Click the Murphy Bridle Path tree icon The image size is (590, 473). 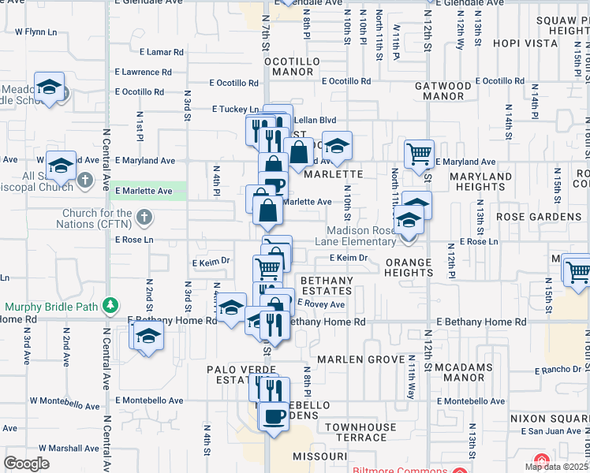[111, 305]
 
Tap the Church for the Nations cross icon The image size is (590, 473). [143, 216]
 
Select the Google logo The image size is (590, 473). [26, 463]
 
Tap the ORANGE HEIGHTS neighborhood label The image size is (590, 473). [409, 267]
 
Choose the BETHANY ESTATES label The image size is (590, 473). [325, 286]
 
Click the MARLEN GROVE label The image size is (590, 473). [355, 359]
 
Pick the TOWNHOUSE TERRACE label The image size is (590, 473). [360, 432]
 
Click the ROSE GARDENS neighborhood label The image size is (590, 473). [538, 216]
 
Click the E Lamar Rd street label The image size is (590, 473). [162, 52]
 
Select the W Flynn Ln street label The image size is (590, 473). [37, 32]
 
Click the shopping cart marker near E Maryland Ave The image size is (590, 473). [419, 152]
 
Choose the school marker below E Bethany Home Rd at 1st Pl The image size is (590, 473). [146, 337]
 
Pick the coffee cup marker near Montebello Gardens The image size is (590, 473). [275, 415]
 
